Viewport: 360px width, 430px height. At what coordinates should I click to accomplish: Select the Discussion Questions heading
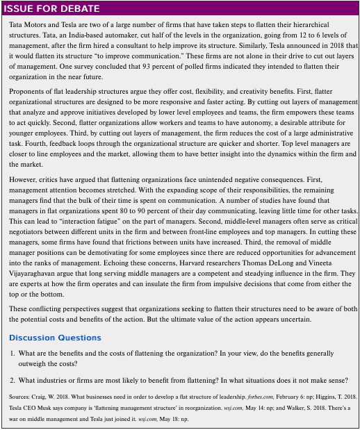tap(55, 338)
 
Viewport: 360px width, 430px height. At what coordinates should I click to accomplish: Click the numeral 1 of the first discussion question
tap(12, 354)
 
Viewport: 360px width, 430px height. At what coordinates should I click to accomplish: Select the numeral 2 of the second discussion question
tap(12, 380)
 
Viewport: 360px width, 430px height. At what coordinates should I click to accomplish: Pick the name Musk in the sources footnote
tap(49, 408)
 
